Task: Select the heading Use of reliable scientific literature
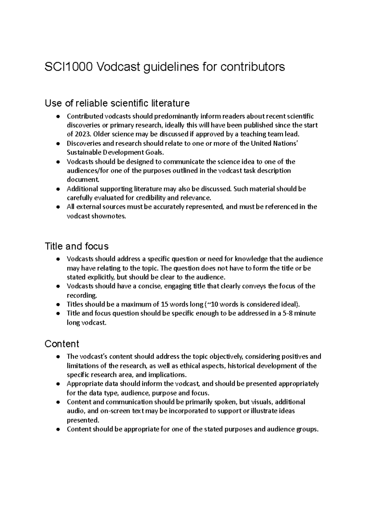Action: (117, 103)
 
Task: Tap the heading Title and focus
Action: (77, 246)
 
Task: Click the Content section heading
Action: (62, 344)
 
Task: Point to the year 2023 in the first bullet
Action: (83, 134)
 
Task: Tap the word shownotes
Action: (113, 216)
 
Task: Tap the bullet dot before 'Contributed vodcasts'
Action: (58, 117)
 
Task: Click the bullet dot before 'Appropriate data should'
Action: (58, 384)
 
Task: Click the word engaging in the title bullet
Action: (178, 286)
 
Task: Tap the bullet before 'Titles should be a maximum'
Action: (58, 305)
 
